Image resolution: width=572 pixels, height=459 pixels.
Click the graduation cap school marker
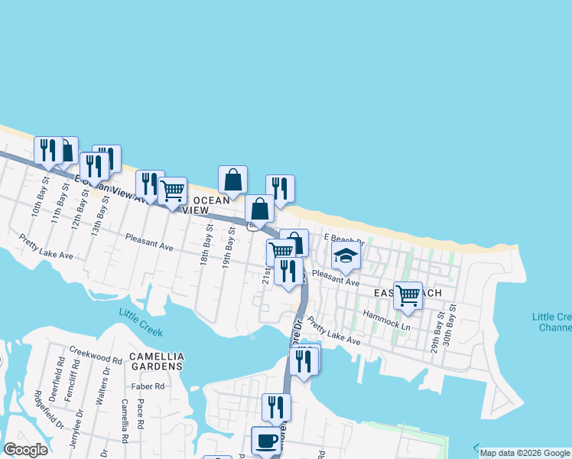click(346, 258)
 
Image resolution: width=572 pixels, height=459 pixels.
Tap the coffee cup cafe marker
click(266, 441)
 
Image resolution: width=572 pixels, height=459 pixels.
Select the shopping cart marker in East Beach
click(408, 295)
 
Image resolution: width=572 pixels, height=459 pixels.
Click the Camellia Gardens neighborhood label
click(156, 361)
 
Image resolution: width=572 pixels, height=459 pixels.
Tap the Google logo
click(25, 449)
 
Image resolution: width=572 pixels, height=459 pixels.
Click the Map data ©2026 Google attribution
click(525, 453)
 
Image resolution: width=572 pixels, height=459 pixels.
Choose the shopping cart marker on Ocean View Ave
click(173, 190)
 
